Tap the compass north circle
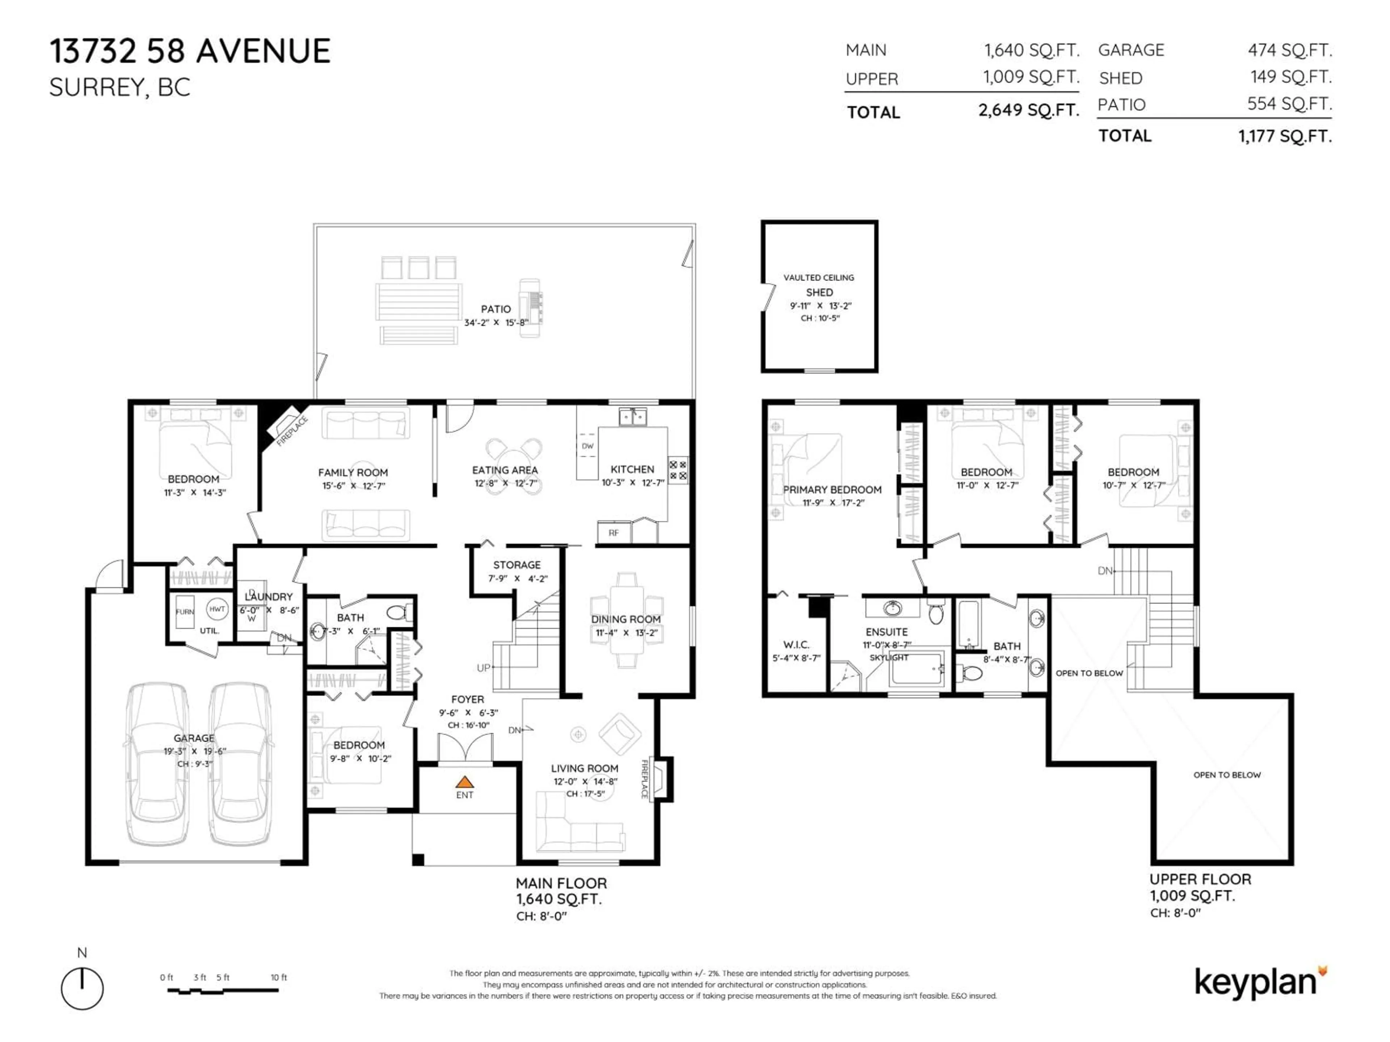[82, 988]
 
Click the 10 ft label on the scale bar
[278, 977]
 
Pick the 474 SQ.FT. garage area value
[1289, 50]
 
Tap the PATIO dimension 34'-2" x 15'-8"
[496, 323]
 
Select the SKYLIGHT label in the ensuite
[889, 658]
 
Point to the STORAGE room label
[517, 565]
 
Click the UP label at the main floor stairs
[483, 668]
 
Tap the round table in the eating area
[514, 466]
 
